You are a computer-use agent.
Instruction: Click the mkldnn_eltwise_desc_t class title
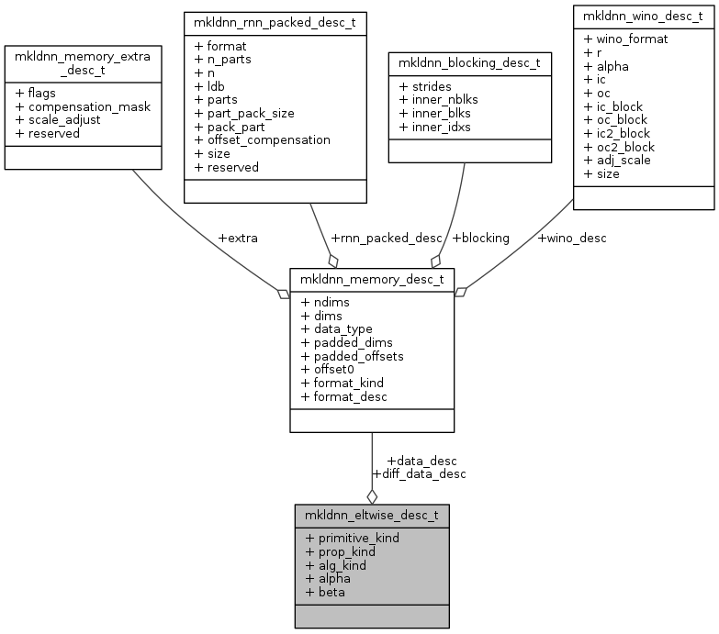coord(371,515)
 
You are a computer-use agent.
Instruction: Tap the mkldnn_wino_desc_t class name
coord(643,16)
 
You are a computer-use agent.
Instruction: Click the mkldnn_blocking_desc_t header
coord(469,63)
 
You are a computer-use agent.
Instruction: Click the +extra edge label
coord(237,238)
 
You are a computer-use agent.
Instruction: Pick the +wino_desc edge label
coord(574,238)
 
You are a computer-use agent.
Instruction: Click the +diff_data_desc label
coord(419,474)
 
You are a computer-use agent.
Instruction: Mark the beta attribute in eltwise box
coord(331,592)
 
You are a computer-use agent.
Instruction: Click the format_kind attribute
coord(349,383)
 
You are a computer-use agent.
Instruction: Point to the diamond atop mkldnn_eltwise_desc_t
coord(371,495)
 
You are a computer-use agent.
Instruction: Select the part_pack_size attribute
coord(246,113)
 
